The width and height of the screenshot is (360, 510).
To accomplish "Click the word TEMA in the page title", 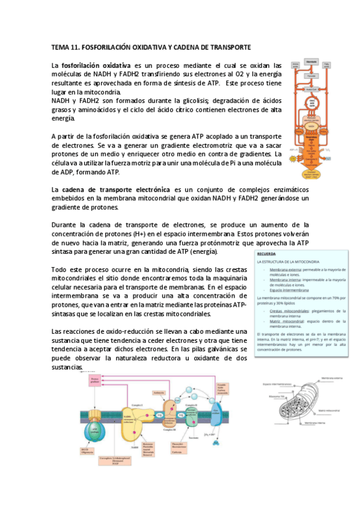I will click(60, 47).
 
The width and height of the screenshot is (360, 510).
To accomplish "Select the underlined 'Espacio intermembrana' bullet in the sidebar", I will click(290, 289).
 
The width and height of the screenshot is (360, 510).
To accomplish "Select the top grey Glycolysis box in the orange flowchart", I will click(312, 62).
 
